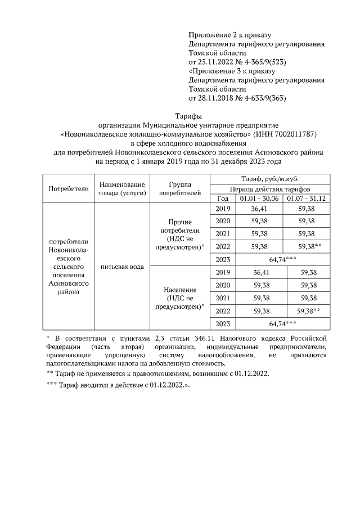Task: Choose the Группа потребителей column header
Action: click(178, 188)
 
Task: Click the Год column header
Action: click(222, 199)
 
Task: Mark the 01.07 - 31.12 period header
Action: click(307, 199)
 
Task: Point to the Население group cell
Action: click(178, 298)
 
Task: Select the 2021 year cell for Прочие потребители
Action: click(222, 233)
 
